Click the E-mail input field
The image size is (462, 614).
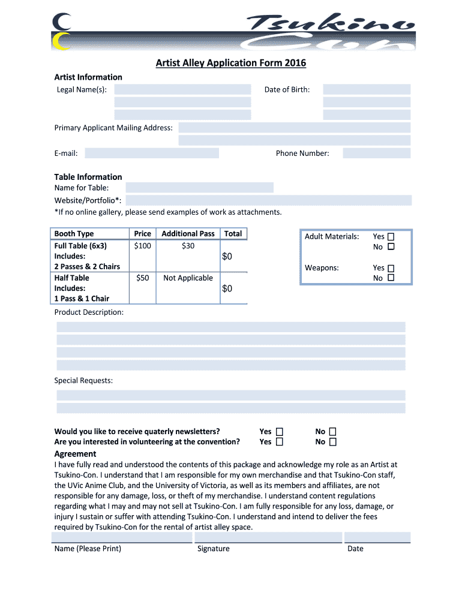click(x=152, y=153)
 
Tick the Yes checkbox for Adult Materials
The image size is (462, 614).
click(x=391, y=236)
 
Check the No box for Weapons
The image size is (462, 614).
click(x=391, y=278)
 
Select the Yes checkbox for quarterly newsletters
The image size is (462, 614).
click(x=279, y=431)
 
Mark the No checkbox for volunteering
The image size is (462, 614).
click(x=332, y=442)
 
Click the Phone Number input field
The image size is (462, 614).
click(x=376, y=153)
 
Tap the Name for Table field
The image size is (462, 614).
click(x=199, y=188)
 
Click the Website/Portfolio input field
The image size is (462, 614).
click(x=268, y=200)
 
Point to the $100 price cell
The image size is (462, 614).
click(x=143, y=246)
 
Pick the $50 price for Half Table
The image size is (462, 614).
click(x=143, y=278)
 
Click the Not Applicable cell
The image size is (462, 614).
click(x=188, y=278)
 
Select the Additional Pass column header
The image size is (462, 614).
click(x=188, y=233)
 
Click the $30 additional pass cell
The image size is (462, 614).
click(x=188, y=246)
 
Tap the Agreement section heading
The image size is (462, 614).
click(x=75, y=454)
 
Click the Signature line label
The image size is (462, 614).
click(x=213, y=549)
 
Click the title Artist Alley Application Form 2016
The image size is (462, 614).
click(x=230, y=63)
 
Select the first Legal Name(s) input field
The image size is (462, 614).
click(x=182, y=89)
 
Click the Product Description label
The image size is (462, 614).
click(x=89, y=312)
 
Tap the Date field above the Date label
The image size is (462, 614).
click(x=377, y=537)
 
